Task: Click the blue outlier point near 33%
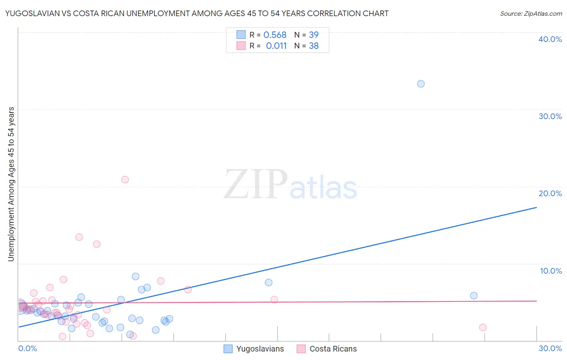coord(421,84)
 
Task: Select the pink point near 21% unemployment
coord(125,180)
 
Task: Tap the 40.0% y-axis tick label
coord(550,39)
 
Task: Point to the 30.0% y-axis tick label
coord(550,116)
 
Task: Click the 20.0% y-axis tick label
coord(550,193)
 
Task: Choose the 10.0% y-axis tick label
coord(551,271)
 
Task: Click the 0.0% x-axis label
coord(27,348)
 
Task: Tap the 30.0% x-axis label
coord(550,348)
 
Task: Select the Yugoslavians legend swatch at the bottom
coord(228,349)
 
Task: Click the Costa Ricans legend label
coord(333,349)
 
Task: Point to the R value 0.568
coord(275,35)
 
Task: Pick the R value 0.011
coord(276,46)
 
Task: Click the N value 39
coord(314,35)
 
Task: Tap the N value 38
coord(314,46)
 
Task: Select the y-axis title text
coord(11,184)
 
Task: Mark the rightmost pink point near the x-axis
coord(483,327)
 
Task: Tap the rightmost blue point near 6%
coord(474,295)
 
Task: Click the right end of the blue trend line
coord(536,207)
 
